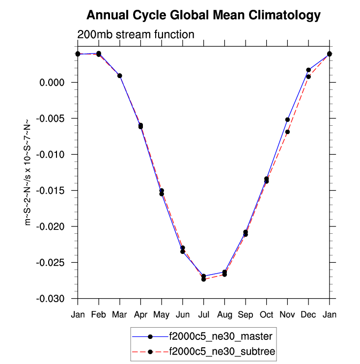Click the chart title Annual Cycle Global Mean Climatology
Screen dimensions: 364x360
click(x=203, y=16)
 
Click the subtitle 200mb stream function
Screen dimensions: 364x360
click(x=136, y=34)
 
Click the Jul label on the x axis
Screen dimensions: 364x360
click(x=203, y=314)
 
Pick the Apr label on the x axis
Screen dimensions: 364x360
click(x=140, y=314)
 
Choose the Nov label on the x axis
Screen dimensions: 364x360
click(x=287, y=314)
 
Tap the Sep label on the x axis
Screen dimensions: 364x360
click(x=246, y=314)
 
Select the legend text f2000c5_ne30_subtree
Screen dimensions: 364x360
click(x=222, y=351)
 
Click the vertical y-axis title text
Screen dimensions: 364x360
click(x=28, y=172)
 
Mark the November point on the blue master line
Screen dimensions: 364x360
click(x=287, y=119)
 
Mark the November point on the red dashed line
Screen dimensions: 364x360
click(x=287, y=132)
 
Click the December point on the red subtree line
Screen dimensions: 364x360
click(x=308, y=77)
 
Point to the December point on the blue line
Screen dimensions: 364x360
click(x=308, y=70)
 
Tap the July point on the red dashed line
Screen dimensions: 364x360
click(x=203, y=279)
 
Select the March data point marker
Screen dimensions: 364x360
click(x=119, y=76)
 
